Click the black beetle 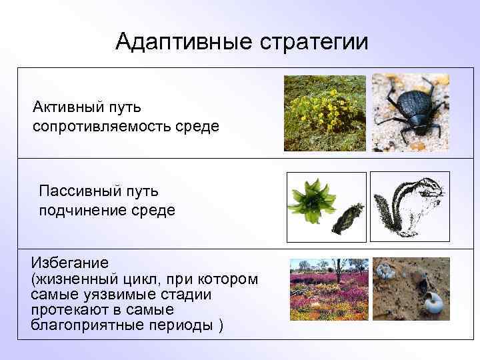click(x=410, y=110)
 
